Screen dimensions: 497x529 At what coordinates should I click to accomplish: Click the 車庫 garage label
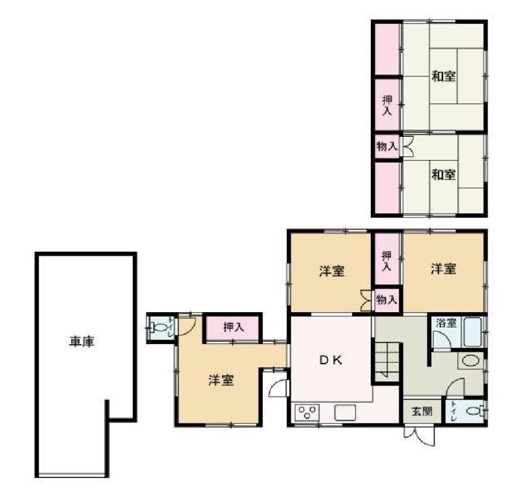83,342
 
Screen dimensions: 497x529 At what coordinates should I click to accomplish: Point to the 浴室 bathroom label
447,323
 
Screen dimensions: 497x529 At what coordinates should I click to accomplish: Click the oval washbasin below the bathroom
470,361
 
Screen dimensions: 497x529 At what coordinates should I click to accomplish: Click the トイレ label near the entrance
454,410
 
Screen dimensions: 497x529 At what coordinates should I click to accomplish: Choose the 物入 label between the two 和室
387,146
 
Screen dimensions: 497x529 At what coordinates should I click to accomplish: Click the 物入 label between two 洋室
387,300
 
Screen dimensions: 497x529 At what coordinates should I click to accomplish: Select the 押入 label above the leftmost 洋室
232,327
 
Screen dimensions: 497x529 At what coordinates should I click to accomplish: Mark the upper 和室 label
443,76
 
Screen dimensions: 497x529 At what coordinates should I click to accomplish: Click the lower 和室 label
443,175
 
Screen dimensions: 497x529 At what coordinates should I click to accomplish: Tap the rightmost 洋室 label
443,269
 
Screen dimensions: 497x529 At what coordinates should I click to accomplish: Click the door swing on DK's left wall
278,389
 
